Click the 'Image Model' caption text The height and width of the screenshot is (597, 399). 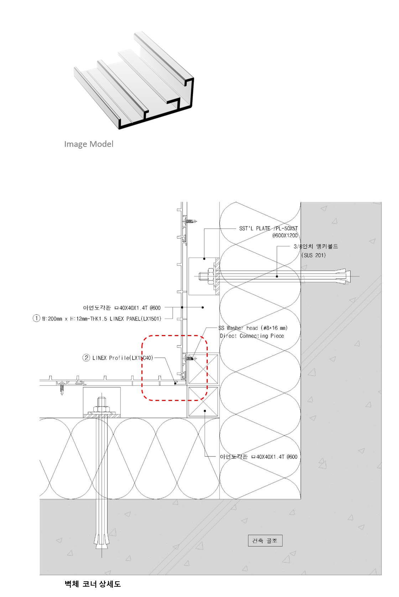tap(89, 144)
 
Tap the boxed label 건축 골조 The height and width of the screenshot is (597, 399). tap(265, 540)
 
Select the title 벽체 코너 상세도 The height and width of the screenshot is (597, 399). tap(93, 584)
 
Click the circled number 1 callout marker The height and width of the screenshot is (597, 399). tap(36, 318)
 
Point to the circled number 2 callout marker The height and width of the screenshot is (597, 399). tap(86, 358)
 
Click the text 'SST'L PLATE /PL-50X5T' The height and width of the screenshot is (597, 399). tap(269, 228)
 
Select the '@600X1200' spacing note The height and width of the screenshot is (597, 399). tap(285, 236)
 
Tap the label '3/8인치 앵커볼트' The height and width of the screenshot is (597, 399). tap(316, 247)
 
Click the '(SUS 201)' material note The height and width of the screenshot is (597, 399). tap(314, 255)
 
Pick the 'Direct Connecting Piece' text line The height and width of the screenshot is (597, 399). tap(252, 336)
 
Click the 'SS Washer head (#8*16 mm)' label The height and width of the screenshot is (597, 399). tap(253, 328)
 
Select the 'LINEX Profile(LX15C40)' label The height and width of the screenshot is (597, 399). tap(123, 358)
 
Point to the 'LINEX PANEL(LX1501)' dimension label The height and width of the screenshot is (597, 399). tap(102, 319)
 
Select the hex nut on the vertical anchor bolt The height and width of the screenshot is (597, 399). tap(102, 410)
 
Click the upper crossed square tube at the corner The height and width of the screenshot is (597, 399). tap(203, 369)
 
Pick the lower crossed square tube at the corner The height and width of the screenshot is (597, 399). tap(203, 401)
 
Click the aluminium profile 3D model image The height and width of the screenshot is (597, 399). tap(134, 81)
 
